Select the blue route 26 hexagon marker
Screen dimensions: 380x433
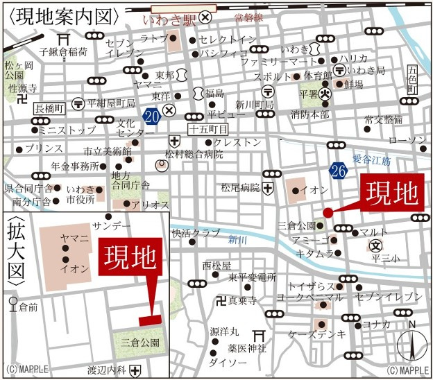339,171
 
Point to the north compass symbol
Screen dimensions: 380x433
410,343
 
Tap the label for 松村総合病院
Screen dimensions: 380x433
195,154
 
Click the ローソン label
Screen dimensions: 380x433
407,141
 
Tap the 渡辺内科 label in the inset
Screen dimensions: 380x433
107,370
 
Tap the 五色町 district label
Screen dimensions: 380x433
413,80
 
